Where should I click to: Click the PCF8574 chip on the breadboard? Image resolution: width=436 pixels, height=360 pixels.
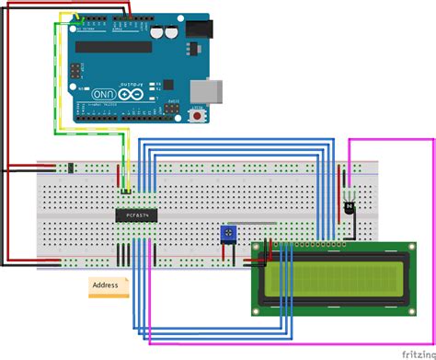138,215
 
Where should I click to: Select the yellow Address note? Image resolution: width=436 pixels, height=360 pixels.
109,286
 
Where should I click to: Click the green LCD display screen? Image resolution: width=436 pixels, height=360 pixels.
333,283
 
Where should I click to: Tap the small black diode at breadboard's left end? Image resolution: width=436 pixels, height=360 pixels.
69,168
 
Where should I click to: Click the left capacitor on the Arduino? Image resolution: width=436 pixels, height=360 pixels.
157,29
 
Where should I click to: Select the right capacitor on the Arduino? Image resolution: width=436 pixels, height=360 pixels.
171,29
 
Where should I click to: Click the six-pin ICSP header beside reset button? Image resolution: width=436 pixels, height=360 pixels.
176,110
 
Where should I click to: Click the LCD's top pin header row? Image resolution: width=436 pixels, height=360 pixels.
313,247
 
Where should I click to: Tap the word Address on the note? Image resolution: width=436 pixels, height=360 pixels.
106,286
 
